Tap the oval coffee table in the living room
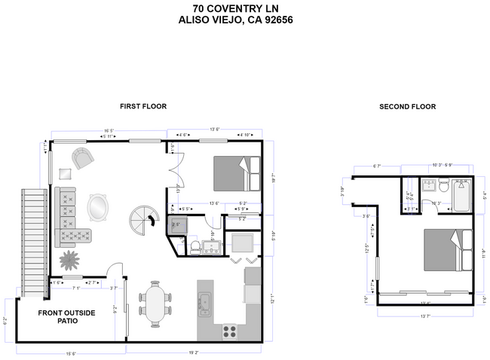coord(97,206)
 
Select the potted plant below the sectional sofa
coord(70,260)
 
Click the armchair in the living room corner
coord(83,159)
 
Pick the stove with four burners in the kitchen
coord(230,329)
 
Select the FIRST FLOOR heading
coord(143,106)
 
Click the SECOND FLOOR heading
coord(407,107)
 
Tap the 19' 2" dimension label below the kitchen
coord(193,351)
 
